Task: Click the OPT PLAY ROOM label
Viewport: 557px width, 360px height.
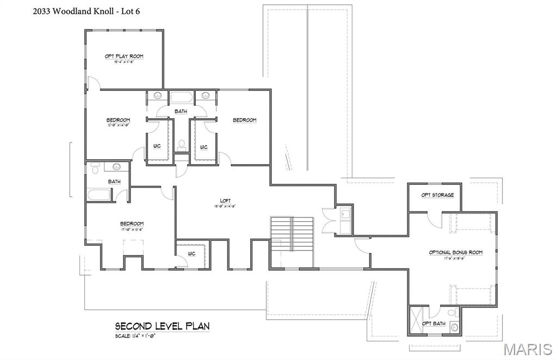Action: tap(124, 56)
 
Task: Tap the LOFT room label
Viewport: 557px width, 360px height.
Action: tap(225, 201)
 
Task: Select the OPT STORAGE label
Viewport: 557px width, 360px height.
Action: tap(437, 195)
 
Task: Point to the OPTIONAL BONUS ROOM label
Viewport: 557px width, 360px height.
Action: tap(455, 252)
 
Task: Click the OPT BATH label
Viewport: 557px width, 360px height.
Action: tap(434, 324)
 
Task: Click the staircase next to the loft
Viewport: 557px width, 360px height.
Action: tap(292, 233)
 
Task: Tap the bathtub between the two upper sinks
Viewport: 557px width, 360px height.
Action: tap(181, 98)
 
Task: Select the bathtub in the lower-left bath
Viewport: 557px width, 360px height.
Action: tap(98, 194)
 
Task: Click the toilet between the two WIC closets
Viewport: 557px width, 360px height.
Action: tap(182, 145)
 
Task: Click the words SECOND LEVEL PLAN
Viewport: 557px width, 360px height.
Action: tap(162, 326)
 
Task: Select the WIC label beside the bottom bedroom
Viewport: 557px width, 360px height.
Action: tap(191, 253)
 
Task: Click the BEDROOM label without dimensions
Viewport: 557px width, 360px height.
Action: tap(244, 120)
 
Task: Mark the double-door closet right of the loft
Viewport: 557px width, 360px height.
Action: tap(330, 221)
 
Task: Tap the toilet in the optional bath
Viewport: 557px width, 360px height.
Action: tap(455, 327)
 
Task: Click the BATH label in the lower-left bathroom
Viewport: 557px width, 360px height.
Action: tap(114, 182)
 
